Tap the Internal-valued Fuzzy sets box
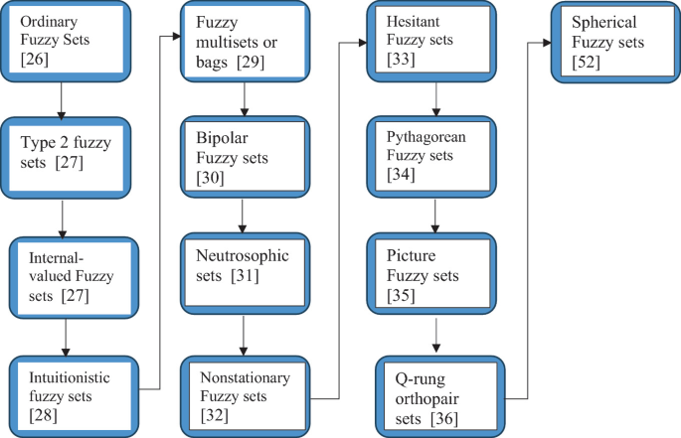pos(69,274)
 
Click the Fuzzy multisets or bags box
pos(242,42)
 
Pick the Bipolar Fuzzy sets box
pos(242,157)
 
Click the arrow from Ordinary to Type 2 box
pos(63,101)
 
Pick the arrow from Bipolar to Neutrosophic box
pos(243,217)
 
